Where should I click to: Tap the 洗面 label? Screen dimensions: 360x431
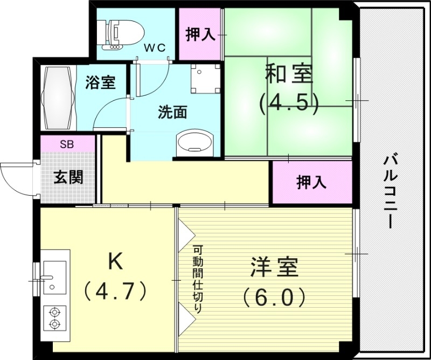pos(172,113)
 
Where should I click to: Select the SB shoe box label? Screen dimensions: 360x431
pos(67,144)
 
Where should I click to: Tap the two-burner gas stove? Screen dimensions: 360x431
pos(54,317)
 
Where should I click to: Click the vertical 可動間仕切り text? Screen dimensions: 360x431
pos(198,280)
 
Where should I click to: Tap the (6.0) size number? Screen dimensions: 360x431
pos(274,296)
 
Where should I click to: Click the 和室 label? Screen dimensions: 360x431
pos(288,75)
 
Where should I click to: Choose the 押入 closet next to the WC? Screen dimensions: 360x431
pos(200,35)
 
